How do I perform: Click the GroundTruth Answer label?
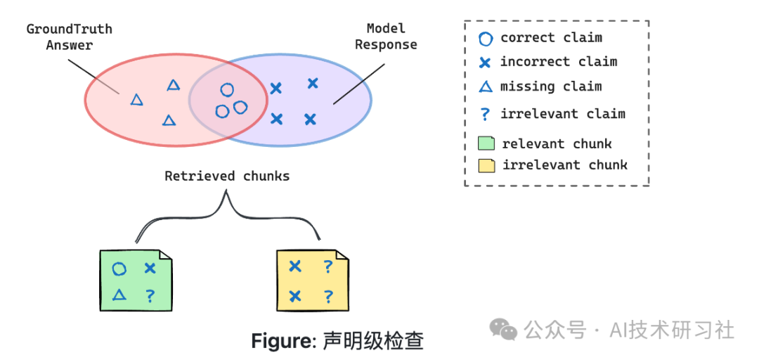(70, 37)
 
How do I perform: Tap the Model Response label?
(386, 37)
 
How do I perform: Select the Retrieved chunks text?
(227, 176)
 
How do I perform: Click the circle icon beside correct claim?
(485, 39)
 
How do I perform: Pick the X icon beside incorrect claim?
(485, 63)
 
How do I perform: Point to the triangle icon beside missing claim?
(485, 87)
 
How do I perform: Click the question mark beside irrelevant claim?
(484, 114)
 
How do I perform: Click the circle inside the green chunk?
(119, 269)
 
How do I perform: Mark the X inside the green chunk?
(150, 268)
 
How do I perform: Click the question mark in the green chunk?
(150, 296)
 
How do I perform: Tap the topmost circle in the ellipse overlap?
(226, 90)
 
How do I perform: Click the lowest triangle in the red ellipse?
(169, 120)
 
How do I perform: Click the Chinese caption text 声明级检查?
(372, 342)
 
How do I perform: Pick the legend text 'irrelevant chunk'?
(564, 166)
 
